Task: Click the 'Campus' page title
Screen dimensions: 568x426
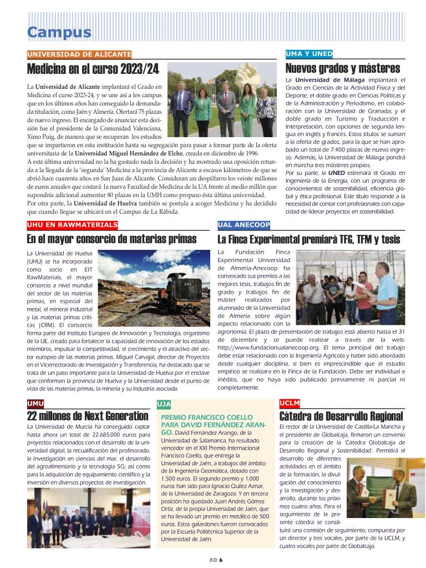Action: [x=59, y=32]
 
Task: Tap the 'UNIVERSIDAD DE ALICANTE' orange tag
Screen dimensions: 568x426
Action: [x=79, y=54]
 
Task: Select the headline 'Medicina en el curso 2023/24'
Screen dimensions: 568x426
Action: [x=93, y=69]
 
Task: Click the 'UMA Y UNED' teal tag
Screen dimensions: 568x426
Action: [x=309, y=54]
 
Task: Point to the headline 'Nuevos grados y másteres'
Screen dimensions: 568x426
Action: [x=342, y=69]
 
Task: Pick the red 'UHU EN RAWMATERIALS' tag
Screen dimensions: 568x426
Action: [x=72, y=225]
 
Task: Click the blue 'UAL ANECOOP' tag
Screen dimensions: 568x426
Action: [x=244, y=225]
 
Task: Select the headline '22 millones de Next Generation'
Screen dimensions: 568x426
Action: [x=88, y=416]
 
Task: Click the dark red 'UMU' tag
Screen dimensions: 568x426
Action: [x=35, y=403]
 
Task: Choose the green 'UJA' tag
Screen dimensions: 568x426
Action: [x=164, y=404]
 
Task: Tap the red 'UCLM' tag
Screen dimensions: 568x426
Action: [x=290, y=403]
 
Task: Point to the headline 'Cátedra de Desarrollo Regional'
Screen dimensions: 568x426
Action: [x=341, y=416]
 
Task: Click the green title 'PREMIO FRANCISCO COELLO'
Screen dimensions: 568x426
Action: [x=206, y=417]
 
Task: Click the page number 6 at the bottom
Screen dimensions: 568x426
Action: [x=220, y=560]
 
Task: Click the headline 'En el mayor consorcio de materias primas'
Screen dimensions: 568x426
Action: [x=111, y=239]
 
